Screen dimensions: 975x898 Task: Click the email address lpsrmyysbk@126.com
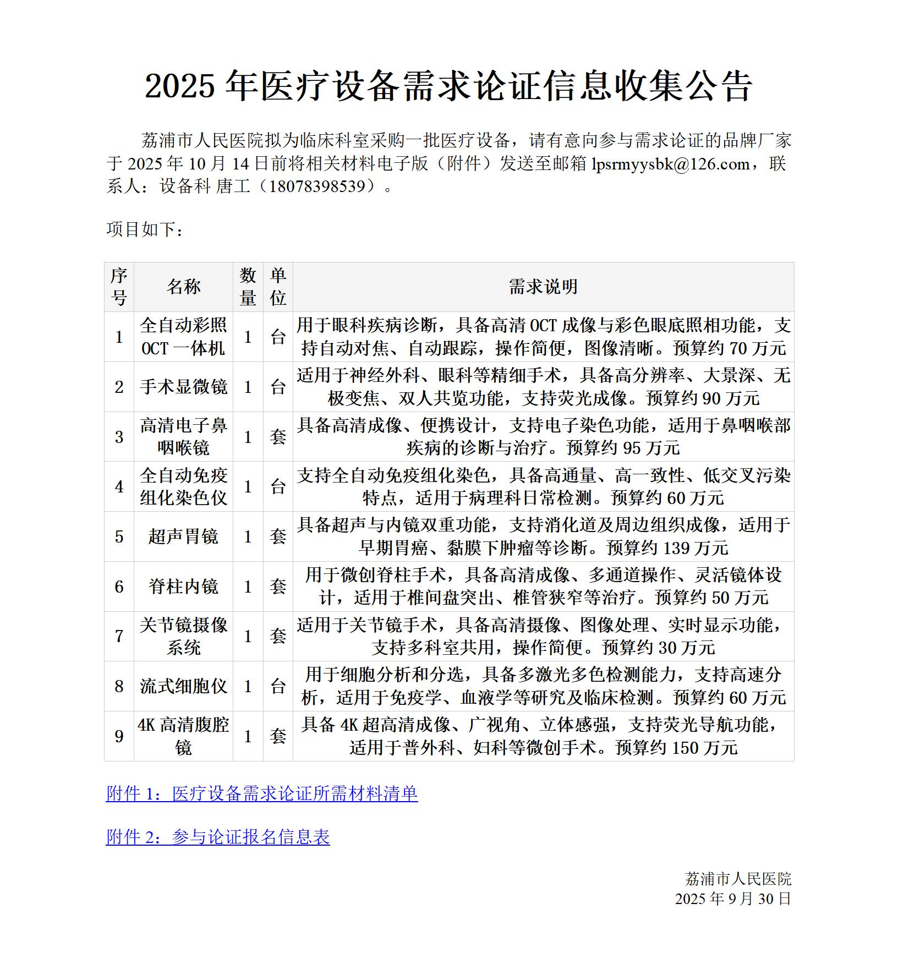(670, 164)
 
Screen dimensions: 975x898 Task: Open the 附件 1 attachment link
(262, 793)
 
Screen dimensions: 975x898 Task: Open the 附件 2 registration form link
(218, 837)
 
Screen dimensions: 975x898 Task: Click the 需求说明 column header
(543, 287)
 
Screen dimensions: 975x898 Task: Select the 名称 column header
(183, 287)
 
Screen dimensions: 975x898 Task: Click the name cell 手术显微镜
(183, 387)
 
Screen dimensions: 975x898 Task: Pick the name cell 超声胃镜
(183, 536)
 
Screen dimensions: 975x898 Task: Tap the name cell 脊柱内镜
(183, 587)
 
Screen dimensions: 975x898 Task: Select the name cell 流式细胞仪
(183, 686)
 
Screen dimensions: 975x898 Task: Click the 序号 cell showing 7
(119, 637)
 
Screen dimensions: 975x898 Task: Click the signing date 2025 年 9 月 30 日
(733, 899)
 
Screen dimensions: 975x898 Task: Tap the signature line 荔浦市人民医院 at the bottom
(738, 879)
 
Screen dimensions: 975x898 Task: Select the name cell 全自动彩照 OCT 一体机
(183, 337)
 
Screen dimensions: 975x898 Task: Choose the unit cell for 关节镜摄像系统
(278, 637)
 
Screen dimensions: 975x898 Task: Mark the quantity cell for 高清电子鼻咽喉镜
(248, 437)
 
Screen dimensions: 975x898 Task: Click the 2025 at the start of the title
(179, 86)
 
